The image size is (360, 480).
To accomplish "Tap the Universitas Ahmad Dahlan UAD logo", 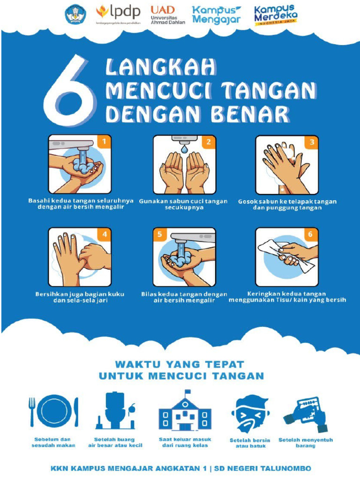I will (167, 15).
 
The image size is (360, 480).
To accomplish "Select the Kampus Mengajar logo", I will (217, 15).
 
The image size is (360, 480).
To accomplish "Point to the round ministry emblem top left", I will (75, 14).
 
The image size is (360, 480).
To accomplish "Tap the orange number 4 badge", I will (104, 234).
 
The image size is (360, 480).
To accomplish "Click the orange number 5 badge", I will (160, 234).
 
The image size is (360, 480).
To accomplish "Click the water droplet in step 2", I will (185, 149).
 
